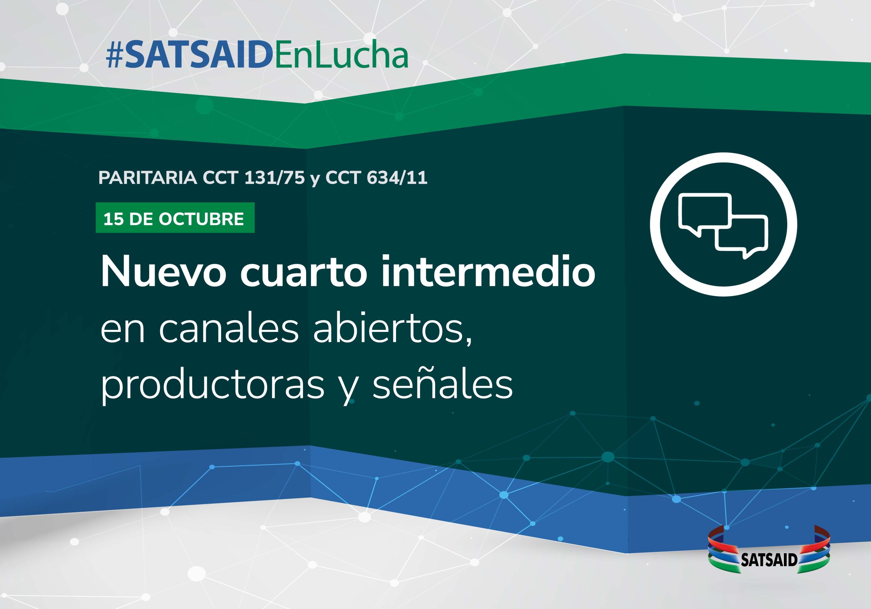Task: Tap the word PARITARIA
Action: pos(148,178)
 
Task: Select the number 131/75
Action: pos(274,178)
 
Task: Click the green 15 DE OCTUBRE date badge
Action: pos(175,218)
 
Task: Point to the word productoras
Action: pos(212,385)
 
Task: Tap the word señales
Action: pos(442,385)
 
